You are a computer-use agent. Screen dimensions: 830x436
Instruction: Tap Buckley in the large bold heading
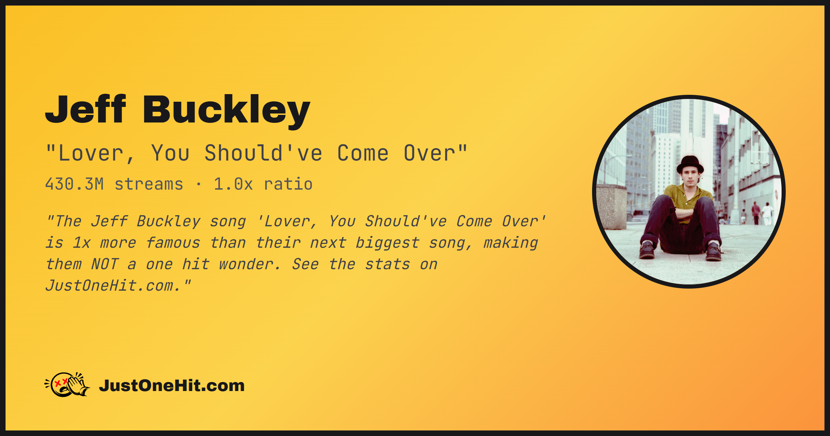(227, 112)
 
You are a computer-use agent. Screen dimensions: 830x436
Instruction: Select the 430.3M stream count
(74, 184)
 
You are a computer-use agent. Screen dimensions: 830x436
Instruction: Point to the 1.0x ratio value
(233, 184)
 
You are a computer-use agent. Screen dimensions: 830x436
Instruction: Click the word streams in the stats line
(149, 184)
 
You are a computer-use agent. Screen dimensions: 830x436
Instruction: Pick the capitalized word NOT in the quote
(105, 264)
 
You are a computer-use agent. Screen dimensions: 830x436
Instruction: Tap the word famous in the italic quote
(173, 243)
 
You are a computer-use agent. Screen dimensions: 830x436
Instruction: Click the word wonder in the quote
(249, 265)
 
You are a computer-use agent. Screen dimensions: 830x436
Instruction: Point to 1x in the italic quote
(82, 243)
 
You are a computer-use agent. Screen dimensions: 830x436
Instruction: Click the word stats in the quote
(388, 265)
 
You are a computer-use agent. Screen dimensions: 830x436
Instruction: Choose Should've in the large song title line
(264, 153)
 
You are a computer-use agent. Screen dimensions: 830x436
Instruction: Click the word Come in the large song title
(363, 153)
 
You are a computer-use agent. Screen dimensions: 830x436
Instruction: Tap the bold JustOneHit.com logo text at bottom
(172, 385)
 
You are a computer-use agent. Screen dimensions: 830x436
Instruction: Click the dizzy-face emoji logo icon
(67, 384)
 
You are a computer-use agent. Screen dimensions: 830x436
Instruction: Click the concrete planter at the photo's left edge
(611, 207)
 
